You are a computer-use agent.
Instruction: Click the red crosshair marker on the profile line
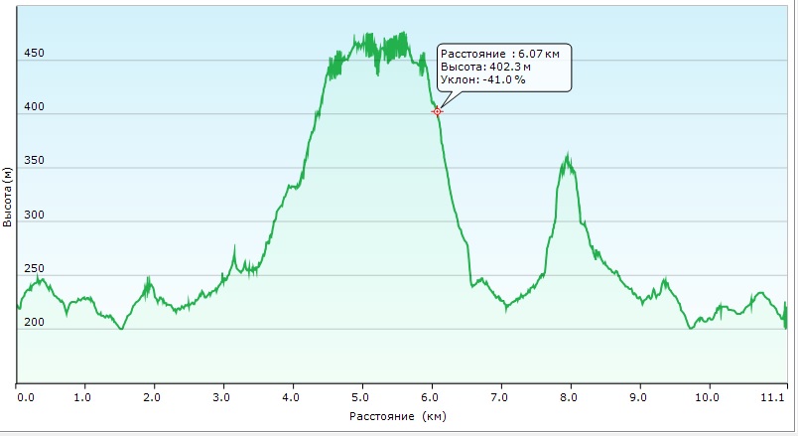pos(437,111)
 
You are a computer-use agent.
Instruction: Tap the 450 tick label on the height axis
pos(34,53)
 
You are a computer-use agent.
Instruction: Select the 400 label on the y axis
pos(34,107)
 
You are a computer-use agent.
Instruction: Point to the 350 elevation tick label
pos(34,161)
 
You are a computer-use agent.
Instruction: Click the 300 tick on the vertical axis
pos(34,215)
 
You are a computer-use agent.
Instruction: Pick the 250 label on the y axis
pos(34,268)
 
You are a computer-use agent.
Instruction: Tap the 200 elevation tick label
pos(34,322)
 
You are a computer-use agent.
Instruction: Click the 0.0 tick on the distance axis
pos(26,397)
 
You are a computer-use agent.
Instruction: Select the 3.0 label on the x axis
pos(221,397)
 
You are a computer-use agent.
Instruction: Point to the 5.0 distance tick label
pos(361,397)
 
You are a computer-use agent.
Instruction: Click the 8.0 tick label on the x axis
pos(569,397)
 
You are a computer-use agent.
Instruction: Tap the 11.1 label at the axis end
pos(773,397)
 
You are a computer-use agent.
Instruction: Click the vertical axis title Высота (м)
pos(7,197)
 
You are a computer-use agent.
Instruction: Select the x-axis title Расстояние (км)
pos(397,417)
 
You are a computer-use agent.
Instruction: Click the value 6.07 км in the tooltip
pos(539,54)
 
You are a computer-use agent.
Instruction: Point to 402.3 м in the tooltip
pos(510,67)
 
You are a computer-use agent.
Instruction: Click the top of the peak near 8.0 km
pos(568,153)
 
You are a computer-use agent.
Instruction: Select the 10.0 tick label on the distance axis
pos(707,397)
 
